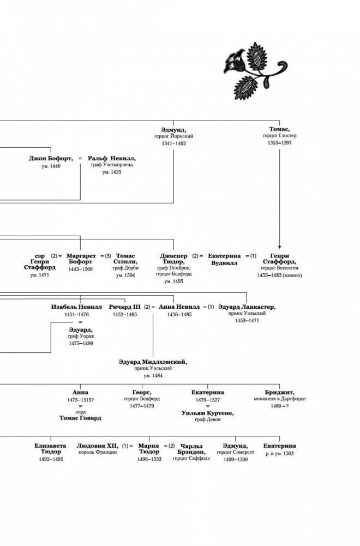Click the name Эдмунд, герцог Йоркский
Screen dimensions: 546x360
pyautogui.click(x=174, y=129)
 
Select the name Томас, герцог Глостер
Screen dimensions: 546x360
pyautogui.click(x=279, y=129)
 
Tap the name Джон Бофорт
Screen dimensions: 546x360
pyautogui.click(x=51, y=158)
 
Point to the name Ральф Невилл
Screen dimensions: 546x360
pyautogui.click(x=112, y=158)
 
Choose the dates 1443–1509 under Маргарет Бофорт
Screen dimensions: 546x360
pyautogui.click(x=81, y=269)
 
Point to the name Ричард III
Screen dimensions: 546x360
pyautogui.click(x=124, y=307)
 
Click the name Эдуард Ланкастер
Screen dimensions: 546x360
pyautogui.click(x=247, y=307)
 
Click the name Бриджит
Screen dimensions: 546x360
pyautogui.click(x=279, y=392)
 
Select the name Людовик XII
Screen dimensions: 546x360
pyautogui.click(x=97, y=446)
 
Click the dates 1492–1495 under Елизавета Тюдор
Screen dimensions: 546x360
pyautogui.click(x=51, y=459)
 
